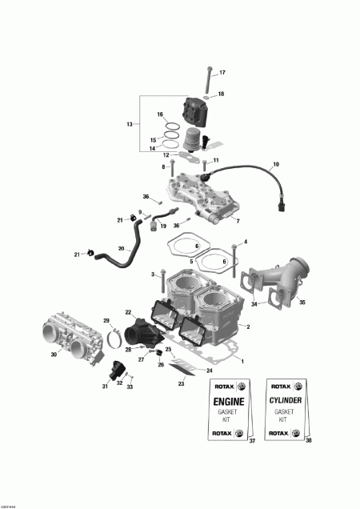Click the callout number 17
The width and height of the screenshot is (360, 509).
point(222,73)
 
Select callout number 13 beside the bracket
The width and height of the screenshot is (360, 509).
point(130,124)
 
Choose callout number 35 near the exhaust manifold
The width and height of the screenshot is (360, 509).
point(303,303)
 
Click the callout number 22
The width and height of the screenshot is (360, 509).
point(128,312)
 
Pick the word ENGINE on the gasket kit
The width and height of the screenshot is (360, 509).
point(223,401)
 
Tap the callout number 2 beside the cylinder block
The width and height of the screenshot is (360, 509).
point(248,327)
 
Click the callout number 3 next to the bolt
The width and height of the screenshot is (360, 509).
point(152,275)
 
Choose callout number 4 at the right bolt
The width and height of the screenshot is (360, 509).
point(246,242)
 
